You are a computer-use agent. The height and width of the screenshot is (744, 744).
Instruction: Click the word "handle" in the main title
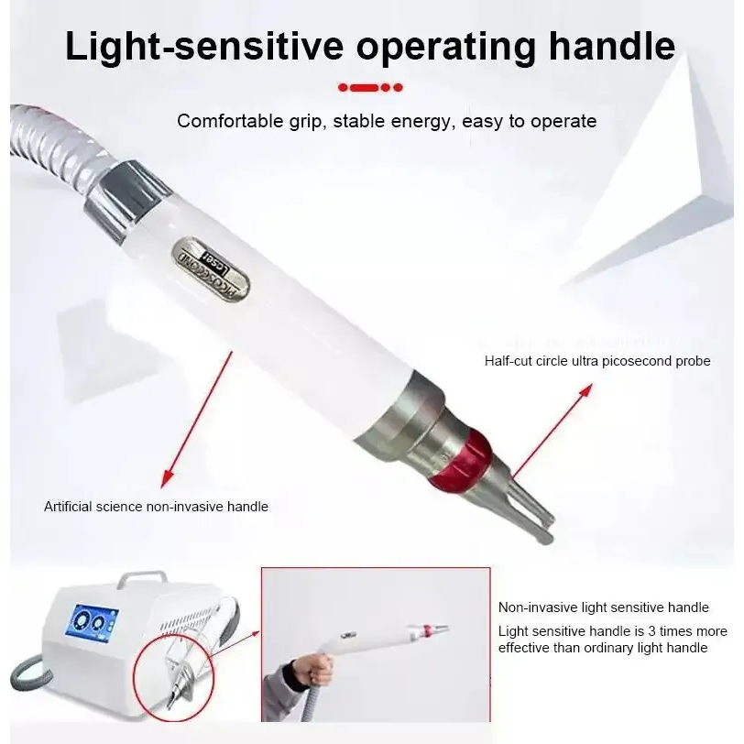coord(612,46)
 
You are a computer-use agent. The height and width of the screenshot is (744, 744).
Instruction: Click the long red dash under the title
coord(365,87)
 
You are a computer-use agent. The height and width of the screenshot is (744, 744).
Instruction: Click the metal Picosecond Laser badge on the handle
coord(211,269)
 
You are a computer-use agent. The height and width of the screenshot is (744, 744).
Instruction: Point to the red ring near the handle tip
coord(460,460)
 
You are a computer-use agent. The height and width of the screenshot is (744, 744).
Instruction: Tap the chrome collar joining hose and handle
coord(128,200)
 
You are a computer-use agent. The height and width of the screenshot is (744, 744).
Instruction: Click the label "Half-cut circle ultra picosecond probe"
coord(597,361)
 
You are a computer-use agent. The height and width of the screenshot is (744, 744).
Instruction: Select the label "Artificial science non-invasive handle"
coord(156,507)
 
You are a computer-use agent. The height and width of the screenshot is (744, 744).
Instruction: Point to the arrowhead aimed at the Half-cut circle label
coord(586,391)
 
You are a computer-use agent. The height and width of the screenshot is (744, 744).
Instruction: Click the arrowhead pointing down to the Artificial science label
coord(166,479)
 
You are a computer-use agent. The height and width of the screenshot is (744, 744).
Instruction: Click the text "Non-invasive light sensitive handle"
coord(604,607)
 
